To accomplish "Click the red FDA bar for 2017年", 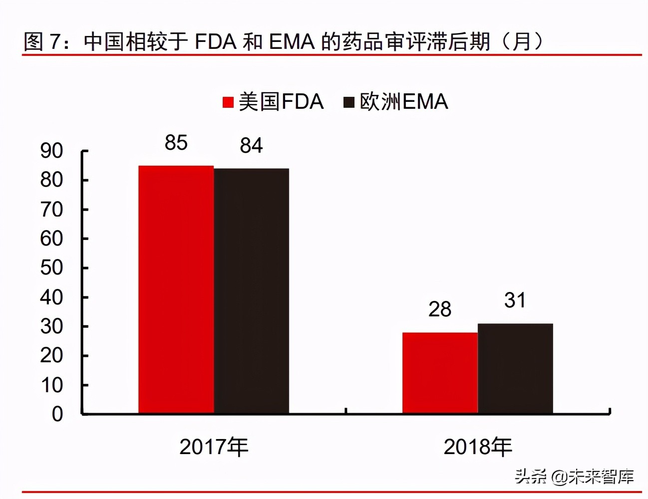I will point(176,289).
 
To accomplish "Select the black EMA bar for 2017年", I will point(252,291).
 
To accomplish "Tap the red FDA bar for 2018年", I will point(440,373).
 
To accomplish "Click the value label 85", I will point(176,143).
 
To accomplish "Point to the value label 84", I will point(251,146).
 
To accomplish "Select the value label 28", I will point(440,309).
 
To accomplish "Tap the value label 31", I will point(515,300).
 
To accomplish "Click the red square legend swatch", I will point(228,102).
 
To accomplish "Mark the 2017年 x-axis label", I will point(214,447).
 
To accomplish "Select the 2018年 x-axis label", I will point(478,447).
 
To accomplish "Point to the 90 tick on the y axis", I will point(51,151).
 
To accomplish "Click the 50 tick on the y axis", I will point(51,268).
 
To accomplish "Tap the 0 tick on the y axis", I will point(57,414).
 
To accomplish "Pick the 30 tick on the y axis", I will point(51,326).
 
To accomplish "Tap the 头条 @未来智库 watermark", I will point(575,477).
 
